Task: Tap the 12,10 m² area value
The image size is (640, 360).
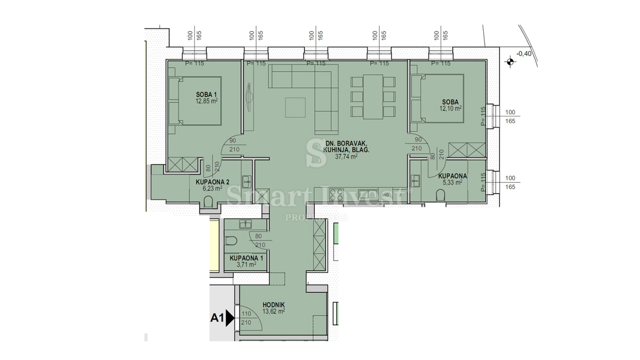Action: click(x=451, y=108)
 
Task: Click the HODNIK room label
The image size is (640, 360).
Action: click(x=274, y=305)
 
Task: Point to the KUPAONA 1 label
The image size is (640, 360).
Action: click(x=243, y=258)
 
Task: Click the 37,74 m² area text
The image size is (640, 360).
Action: click(x=346, y=157)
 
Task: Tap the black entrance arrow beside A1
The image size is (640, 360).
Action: click(x=230, y=318)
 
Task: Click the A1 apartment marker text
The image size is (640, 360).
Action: click(x=217, y=318)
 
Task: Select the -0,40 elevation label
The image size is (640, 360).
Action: click(x=524, y=53)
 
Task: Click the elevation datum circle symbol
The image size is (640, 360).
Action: click(x=510, y=62)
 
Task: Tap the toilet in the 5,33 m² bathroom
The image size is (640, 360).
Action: click(x=441, y=196)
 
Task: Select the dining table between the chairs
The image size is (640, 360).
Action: click(x=373, y=96)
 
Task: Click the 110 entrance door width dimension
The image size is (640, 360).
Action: click(x=246, y=314)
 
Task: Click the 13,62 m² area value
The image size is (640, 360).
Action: click(x=274, y=311)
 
